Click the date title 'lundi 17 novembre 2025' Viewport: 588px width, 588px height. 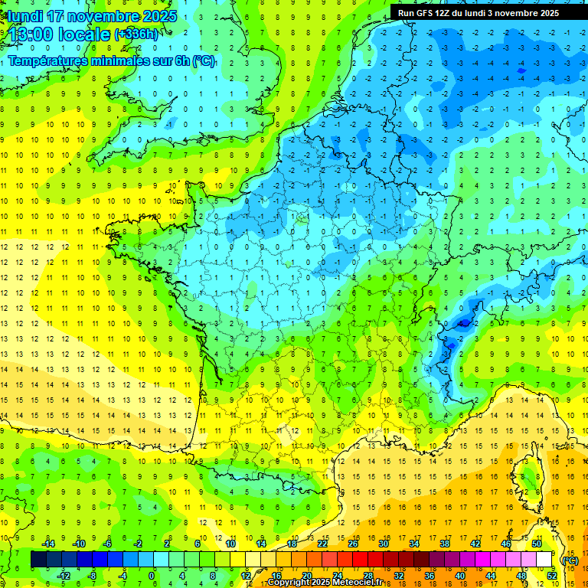(x=91, y=16)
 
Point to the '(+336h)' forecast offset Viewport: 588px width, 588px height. (x=137, y=35)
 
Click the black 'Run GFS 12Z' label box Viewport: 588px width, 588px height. (x=479, y=13)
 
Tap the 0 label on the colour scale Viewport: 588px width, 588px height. (x=152, y=576)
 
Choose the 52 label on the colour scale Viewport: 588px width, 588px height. (x=551, y=576)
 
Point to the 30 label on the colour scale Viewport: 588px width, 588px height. (x=383, y=544)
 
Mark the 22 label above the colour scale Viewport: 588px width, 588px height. (x=322, y=544)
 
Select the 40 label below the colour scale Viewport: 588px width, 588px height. (x=460, y=576)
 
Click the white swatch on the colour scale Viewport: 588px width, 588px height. (x=544, y=560)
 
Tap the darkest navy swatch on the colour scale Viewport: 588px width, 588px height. (x=38, y=560)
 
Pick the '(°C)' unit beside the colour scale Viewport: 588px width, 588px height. (x=570, y=560)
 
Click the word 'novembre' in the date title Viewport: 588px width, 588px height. (x=106, y=16)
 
